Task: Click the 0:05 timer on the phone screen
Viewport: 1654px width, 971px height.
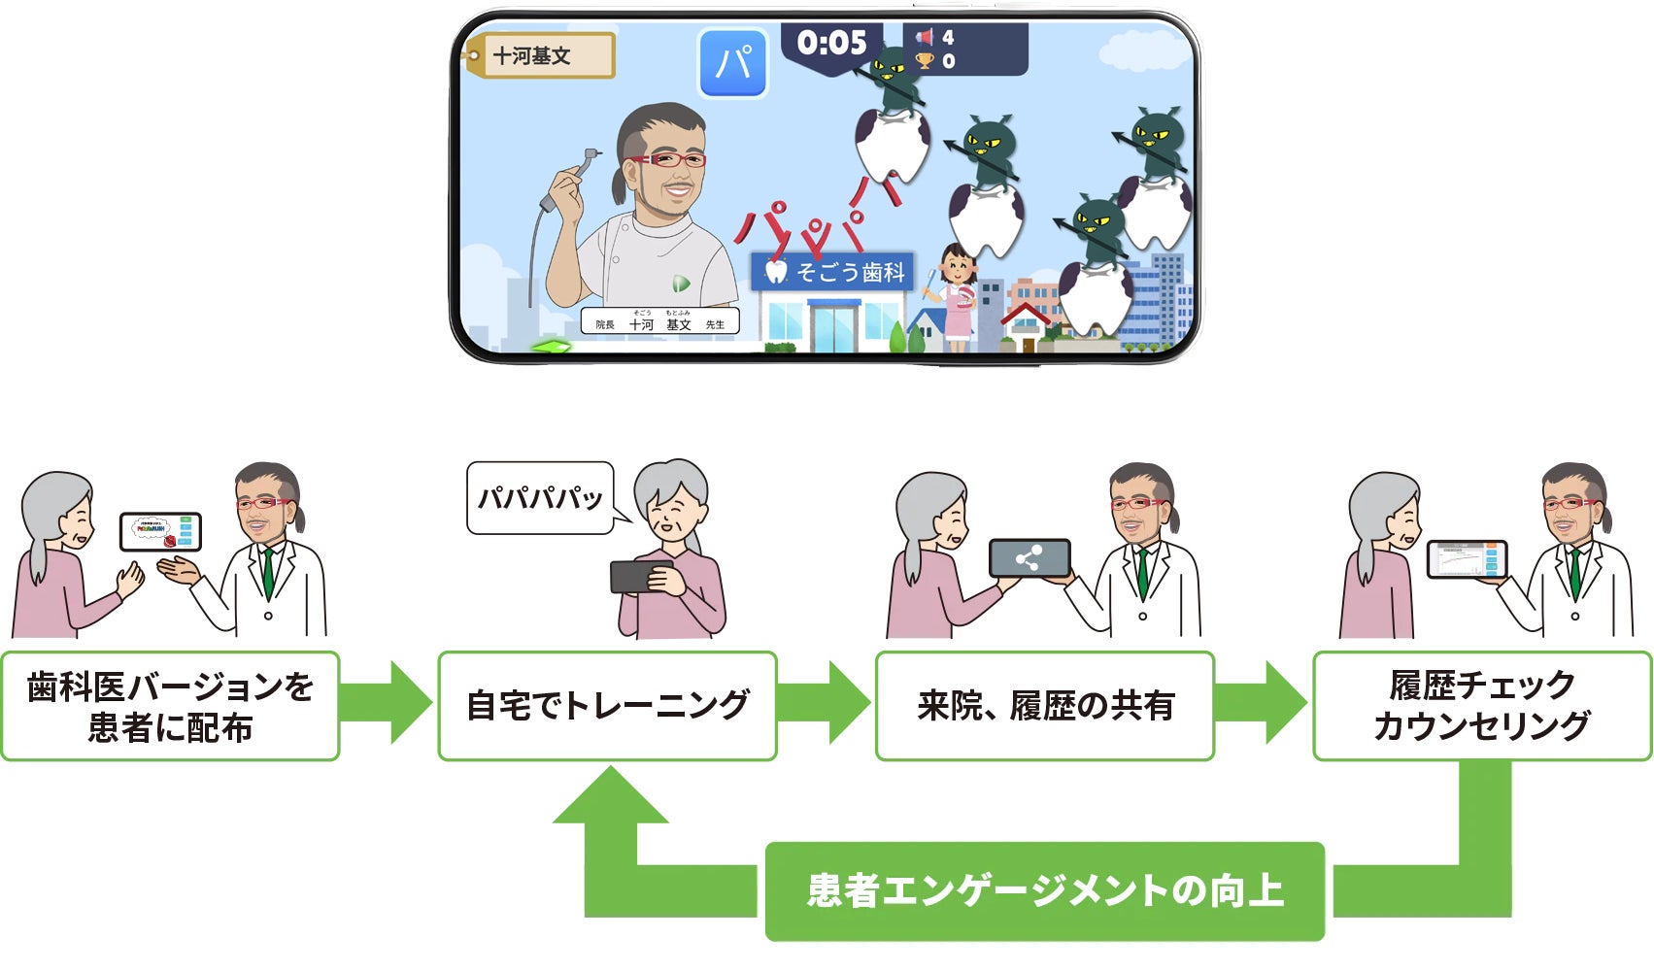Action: tap(831, 44)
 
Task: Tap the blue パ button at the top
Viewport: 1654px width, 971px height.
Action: tap(733, 63)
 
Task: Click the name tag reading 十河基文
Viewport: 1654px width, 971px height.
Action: tap(540, 56)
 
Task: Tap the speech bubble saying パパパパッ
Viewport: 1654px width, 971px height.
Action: tap(540, 498)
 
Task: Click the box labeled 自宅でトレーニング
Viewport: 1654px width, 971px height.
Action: tap(607, 705)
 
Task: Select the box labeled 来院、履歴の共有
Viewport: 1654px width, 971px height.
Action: tap(1044, 705)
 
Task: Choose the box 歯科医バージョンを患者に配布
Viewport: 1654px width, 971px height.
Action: tap(170, 705)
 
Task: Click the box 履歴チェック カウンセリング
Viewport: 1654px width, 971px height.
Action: tap(1481, 705)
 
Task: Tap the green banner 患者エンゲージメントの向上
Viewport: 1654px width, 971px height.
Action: tap(1045, 890)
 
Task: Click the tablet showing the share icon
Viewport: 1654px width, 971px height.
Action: tap(1030, 558)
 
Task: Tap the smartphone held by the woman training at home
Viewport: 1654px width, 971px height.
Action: tap(641, 576)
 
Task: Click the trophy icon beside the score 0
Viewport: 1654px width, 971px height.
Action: tap(924, 61)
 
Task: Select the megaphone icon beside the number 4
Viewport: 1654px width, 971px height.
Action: tap(924, 38)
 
